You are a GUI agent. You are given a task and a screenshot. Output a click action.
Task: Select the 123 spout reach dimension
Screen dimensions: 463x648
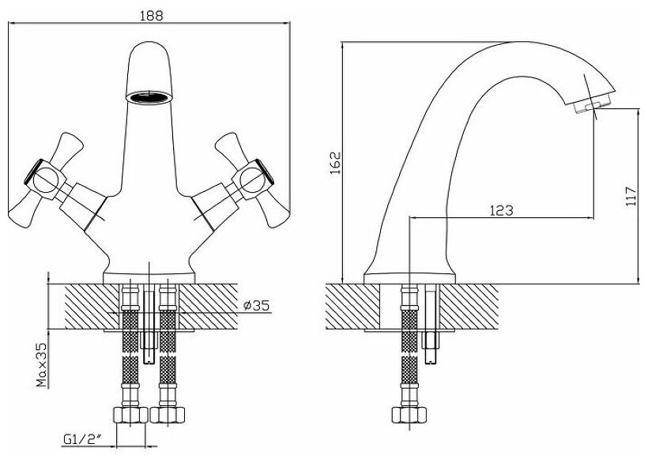(501, 210)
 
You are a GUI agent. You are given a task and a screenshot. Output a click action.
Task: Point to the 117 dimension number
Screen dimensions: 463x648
(631, 196)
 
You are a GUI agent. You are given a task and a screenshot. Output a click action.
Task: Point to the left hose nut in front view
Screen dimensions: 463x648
(130, 414)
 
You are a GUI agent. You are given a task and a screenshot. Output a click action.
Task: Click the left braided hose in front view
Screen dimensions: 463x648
(130, 356)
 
